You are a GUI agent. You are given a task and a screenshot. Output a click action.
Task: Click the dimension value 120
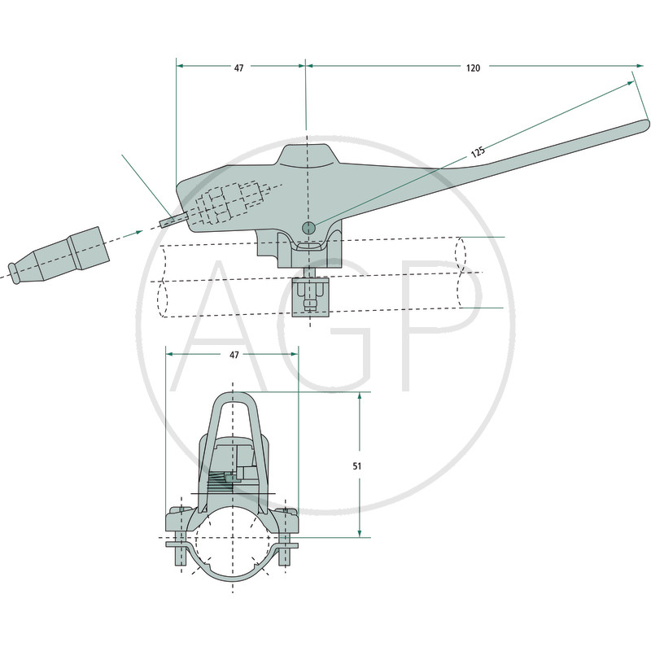473,68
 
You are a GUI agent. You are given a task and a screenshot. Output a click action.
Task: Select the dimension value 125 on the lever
478,151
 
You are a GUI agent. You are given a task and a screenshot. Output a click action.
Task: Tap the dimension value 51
357,466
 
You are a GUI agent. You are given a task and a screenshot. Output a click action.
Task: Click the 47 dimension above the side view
238,68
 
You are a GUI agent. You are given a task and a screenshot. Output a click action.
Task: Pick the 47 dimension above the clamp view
234,355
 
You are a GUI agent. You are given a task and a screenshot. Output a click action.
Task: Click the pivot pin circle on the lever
308,227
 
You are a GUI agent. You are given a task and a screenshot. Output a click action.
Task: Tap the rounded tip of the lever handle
644,126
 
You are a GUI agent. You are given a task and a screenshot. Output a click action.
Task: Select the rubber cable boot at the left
58,256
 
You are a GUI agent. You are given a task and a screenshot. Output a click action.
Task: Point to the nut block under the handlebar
311,297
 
